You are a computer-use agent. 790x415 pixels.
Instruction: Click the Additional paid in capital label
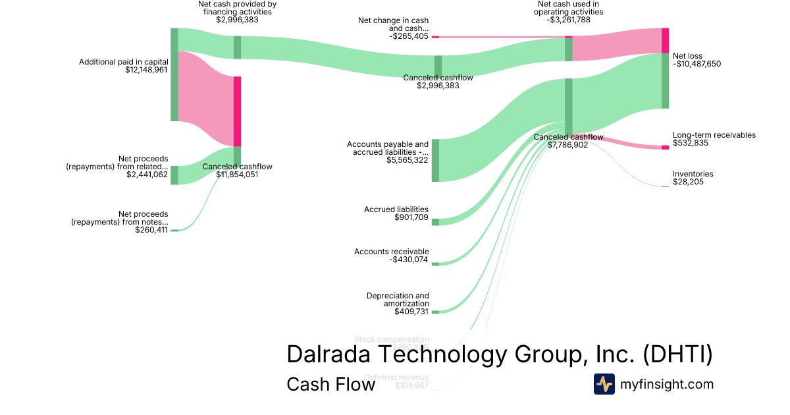[x=123, y=62]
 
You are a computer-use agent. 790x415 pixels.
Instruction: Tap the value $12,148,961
[x=146, y=69]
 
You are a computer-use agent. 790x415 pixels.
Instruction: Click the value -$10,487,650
[x=697, y=64]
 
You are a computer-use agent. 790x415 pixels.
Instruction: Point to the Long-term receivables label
[x=714, y=135]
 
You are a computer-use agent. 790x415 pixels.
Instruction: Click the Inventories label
[x=693, y=174]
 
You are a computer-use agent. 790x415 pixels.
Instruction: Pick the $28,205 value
[x=688, y=182]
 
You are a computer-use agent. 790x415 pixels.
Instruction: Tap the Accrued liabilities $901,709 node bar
[x=435, y=222]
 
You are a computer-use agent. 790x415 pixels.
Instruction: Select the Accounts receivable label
[x=391, y=252]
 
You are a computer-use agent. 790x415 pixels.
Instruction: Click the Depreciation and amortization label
[x=398, y=300]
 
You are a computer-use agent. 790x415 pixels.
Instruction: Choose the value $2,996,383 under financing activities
[x=237, y=20]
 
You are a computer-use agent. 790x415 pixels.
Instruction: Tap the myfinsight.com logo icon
[x=604, y=384]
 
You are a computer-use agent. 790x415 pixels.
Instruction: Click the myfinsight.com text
[x=667, y=384]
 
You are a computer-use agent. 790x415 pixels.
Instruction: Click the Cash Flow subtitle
[x=330, y=384]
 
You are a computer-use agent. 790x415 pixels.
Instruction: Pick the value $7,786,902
[x=568, y=145]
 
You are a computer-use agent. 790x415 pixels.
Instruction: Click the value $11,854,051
[x=237, y=175]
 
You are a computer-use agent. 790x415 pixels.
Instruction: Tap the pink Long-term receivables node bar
[x=665, y=147]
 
